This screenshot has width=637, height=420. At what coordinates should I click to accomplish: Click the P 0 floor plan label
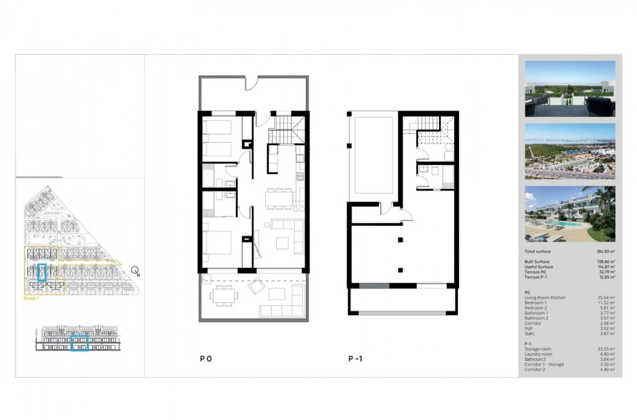click(206, 359)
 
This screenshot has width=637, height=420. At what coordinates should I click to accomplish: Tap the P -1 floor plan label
click(356, 359)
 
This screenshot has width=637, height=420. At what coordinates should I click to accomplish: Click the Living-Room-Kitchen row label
click(545, 297)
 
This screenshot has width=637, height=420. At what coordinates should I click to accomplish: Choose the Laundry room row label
click(538, 354)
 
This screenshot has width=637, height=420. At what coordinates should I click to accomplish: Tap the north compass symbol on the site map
click(135, 270)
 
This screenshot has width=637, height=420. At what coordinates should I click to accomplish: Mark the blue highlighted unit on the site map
click(42, 272)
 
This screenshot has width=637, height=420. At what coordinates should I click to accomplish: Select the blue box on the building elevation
click(79, 342)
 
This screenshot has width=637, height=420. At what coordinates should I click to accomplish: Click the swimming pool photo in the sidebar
click(570, 214)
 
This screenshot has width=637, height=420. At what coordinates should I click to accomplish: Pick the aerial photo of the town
click(570, 151)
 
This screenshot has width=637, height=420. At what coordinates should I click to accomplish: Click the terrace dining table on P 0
click(223, 296)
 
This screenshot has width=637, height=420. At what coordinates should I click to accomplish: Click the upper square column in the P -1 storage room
click(400, 240)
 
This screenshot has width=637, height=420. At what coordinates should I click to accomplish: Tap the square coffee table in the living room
click(282, 243)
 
